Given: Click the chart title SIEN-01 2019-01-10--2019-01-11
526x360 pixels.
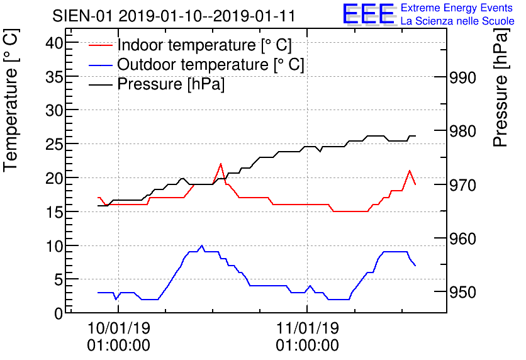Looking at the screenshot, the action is (174, 16).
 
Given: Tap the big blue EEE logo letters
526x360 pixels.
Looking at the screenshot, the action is (369, 14).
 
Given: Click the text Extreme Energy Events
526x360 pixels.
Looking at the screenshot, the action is (457, 8).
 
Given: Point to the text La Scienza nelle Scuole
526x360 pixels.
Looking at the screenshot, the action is (457, 21).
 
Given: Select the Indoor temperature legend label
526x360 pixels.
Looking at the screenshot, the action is (204, 45).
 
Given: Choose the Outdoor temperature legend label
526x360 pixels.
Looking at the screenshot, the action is (211, 64).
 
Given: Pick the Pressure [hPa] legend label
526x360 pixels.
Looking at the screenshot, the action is (171, 84).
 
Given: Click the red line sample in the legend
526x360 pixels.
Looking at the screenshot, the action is (100, 45).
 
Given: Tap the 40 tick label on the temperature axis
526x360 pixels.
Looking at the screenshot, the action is (54, 43).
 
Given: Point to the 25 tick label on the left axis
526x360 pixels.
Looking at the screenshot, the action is (54, 144).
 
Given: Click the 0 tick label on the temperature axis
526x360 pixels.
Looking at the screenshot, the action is (59, 313).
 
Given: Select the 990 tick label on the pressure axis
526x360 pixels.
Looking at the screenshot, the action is (462, 77).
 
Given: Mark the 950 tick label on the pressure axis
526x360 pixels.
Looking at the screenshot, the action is (462, 292).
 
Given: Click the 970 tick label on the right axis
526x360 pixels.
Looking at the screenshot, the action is (462, 185).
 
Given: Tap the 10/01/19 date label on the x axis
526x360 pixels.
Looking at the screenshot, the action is (119, 328).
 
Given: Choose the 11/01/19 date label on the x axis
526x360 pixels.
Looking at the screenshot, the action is (308, 328).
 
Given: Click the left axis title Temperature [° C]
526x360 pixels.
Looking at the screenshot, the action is (11, 101).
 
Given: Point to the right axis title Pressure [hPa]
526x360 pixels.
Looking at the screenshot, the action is (501, 87).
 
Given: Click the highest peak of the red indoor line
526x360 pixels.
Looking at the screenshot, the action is (220, 164).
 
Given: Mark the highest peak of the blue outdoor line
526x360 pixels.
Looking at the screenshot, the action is (201, 245).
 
